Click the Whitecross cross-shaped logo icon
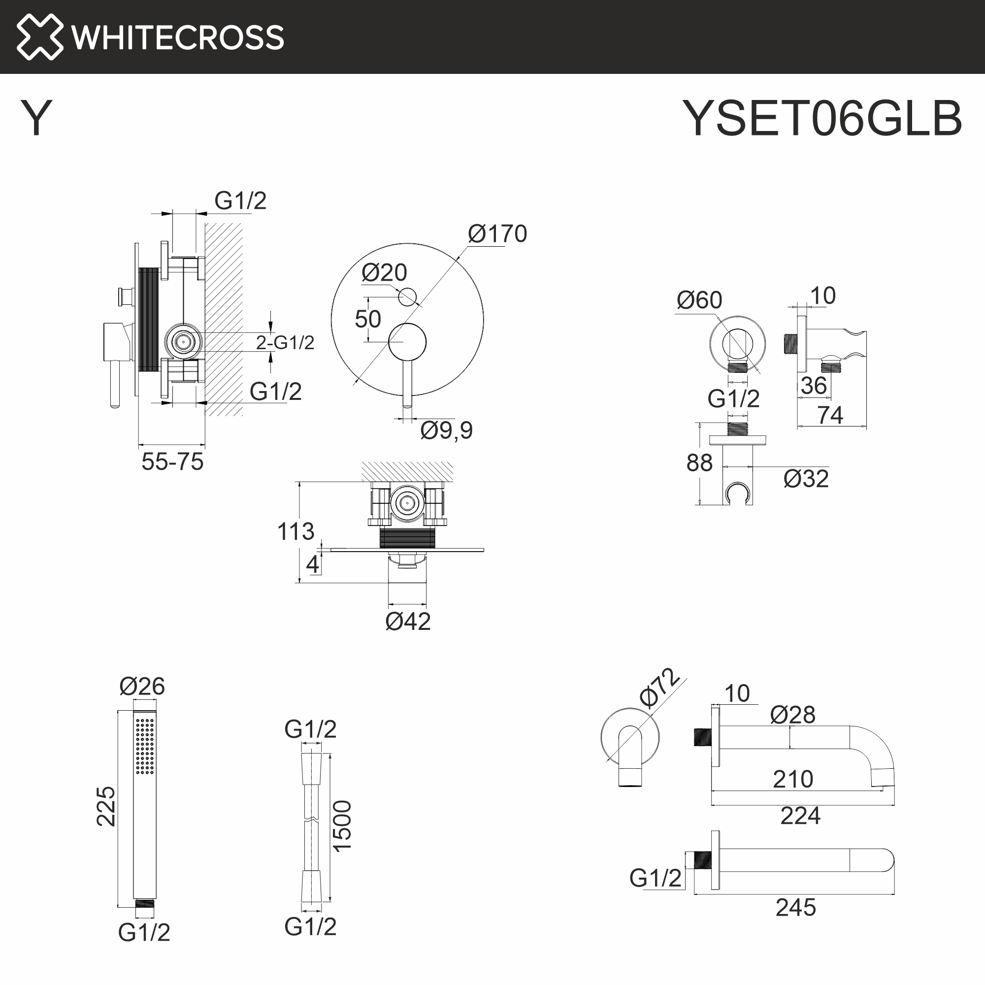pyautogui.click(x=39, y=37)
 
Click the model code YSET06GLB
pyautogui.click(x=822, y=119)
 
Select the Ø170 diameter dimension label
pyautogui.click(x=497, y=234)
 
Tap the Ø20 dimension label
pyautogui.click(x=384, y=273)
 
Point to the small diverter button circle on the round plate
pyautogui.click(x=407, y=296)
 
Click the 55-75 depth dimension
pyautogui.click(x=172, y=462)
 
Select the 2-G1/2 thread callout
pyautogui.click(x=285, y=343)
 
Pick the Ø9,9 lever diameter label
pyautogui.click(x=446, y=430)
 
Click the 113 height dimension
pyautogui.click(x=295, y=532)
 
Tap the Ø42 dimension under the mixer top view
pyautogui.click(x=408, y=622)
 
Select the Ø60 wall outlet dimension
pyautogui.click(x=699, y=300)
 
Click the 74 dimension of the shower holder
pyautogui.click(x=830, y=415)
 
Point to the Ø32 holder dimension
pyautogui.click(x=806, y=479)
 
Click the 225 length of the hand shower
pyautogui.click(x=106, y=806)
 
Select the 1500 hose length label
pyautogui.click(x=342, y=826)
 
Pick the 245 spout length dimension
pyautogui.click(x=795, y=908)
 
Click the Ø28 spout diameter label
pyautogui.click(x=792, y=715)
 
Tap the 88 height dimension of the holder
pyautogui.click(x=699, y=463)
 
